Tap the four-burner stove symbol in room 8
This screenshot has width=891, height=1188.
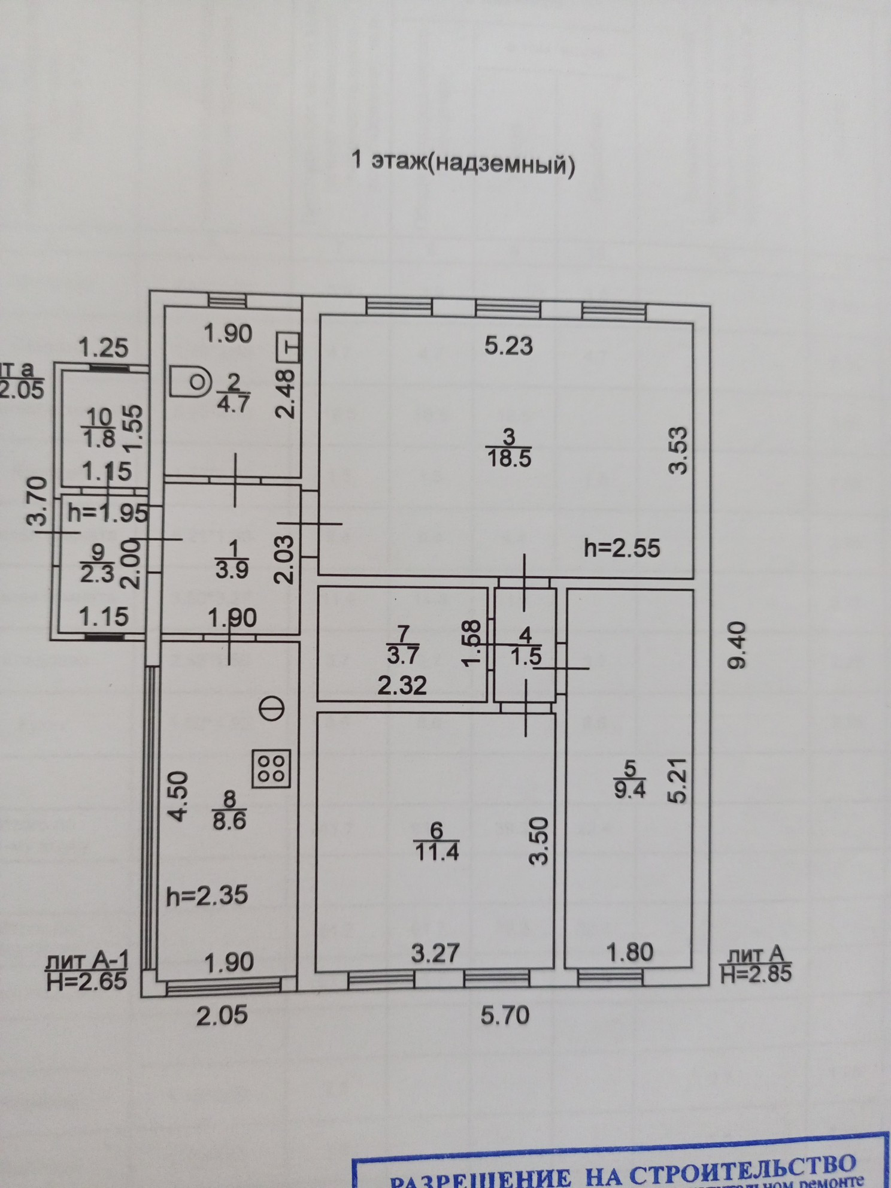272,768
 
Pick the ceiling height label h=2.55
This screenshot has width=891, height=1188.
622,548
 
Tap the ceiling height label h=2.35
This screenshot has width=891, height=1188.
207,896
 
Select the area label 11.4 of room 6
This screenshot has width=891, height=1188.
435,851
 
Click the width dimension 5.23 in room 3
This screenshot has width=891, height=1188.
509,346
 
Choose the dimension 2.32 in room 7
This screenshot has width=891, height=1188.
402,684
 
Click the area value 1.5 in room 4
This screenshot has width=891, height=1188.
526,656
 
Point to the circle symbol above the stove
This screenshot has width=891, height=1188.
272,709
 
